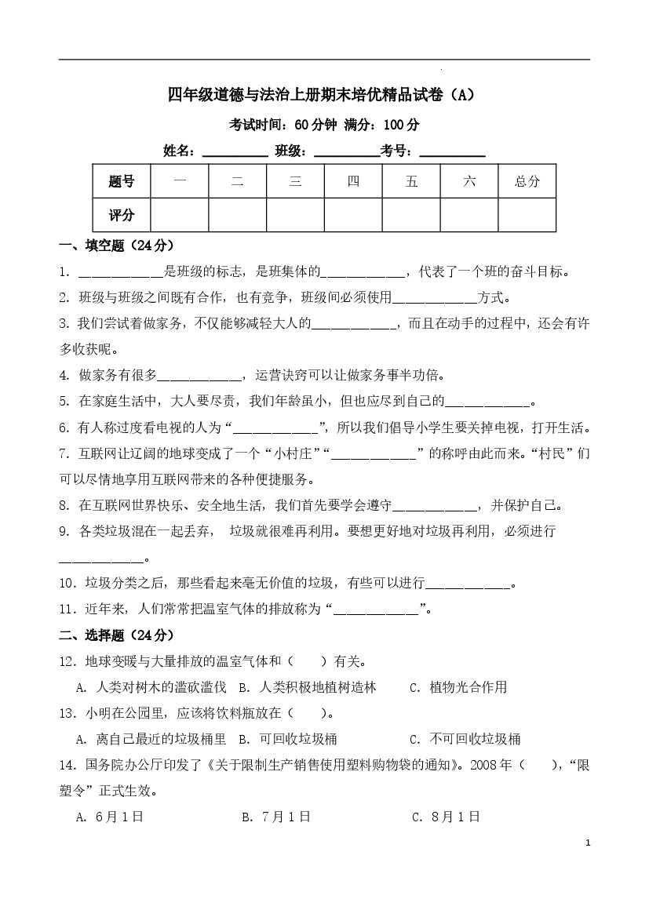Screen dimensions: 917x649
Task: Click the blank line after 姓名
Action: (x=235, y=151)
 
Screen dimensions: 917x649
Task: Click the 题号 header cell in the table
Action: (x=121, y=182)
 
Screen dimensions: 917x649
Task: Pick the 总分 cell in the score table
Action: (x=527, y=182)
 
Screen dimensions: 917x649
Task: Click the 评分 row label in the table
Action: (x=121, y=215)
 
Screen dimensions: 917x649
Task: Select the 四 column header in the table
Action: (x=353, y=182)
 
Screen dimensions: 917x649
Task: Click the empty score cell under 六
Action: (x=469, y=215)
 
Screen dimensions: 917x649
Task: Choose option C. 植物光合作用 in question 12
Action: (x=458, y=687)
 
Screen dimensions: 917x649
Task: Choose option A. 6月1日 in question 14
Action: (x=110, y=817)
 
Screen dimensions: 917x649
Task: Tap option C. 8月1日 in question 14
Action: (x=446, y=817)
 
